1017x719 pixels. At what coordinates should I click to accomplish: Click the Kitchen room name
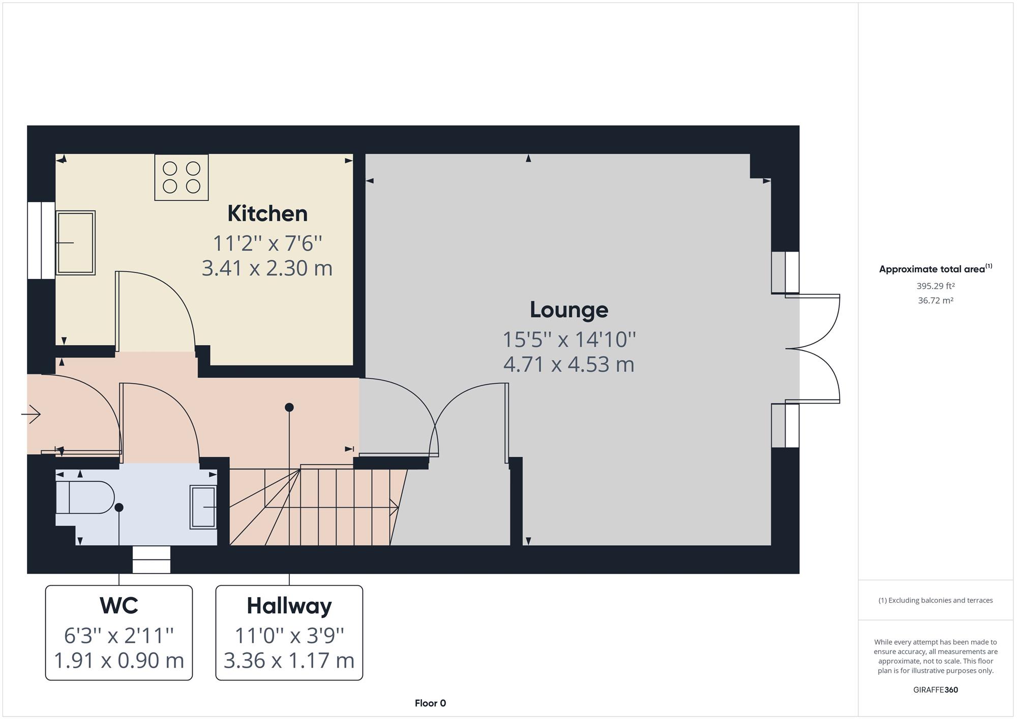[x=267, y=213]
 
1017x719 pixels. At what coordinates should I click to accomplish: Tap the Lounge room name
[x=569, y=309]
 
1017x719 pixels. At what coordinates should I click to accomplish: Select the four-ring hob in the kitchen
[x=182, y=177]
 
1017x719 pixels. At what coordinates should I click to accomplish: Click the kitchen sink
[x=75, y=243]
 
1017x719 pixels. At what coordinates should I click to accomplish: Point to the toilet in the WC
[x=85, y=497]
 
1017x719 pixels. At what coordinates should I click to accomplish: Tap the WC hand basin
[x=203, y=507]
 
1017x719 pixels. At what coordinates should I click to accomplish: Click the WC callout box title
[x=119, y=605]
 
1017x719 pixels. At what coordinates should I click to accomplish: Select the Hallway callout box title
[x=289, y=606]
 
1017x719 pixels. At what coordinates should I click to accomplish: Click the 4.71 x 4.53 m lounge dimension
[x=569, y=364]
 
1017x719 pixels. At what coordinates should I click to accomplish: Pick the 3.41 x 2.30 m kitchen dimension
[x=267, y=268]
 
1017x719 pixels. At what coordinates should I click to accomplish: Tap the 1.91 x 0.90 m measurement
[x=119, y=661]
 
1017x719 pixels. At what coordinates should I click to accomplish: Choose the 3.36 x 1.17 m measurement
[x=289, y=661]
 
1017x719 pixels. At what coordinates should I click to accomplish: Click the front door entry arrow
[x=31, y=414]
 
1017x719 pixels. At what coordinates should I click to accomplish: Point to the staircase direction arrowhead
[x=394, y=507]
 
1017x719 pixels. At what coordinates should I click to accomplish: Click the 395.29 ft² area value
[x=936, y=286]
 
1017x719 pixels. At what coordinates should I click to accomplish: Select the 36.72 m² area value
[x=936, y=300]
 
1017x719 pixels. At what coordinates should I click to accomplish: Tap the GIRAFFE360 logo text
[x=936, y=690]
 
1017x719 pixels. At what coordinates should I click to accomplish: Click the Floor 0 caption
[x=430, y=703]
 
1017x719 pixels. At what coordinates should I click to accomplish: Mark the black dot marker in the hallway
[x=289, y=407]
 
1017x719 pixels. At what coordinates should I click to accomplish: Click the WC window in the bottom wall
[x=152, y=559]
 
